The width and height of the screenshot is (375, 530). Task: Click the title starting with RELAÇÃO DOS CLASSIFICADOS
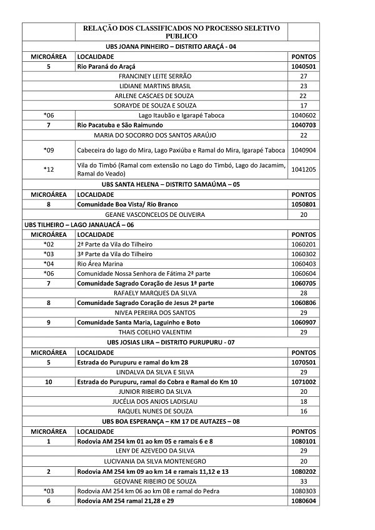(x=181, y=32)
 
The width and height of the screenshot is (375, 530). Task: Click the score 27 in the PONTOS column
(x=303, y=76)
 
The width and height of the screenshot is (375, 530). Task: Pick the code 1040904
(x=303, y=150)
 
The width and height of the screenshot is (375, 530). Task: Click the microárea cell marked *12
(x=49, y=169)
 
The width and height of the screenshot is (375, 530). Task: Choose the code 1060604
(x=303, y=273)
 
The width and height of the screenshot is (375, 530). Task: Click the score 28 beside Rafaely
(x=303, y=292)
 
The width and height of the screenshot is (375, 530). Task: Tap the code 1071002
(x=303, y=381)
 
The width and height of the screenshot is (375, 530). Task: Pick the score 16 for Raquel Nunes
(x=303, y=411)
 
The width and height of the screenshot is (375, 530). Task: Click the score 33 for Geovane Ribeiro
(x=303, y=481)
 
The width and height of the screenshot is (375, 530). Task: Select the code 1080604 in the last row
(x=303, y=501)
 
